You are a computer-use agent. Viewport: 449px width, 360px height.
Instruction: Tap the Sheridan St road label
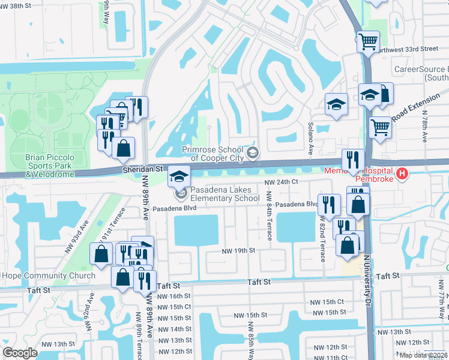(x=143, y=170)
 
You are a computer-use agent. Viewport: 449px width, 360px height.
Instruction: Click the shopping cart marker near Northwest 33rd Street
(x=368, y=42)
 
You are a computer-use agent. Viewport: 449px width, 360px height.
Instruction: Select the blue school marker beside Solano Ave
(x=336, y=104)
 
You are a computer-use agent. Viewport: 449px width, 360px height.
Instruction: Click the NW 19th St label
(x=239, y=250)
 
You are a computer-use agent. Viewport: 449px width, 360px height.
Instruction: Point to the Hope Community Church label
(x=48, y=276)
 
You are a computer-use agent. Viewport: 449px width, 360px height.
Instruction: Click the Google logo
(x=20, y=353)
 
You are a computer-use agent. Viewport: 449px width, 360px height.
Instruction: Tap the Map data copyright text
(x=423, y=355)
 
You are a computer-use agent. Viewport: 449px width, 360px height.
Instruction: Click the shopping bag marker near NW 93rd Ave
(x=100, y=253)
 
